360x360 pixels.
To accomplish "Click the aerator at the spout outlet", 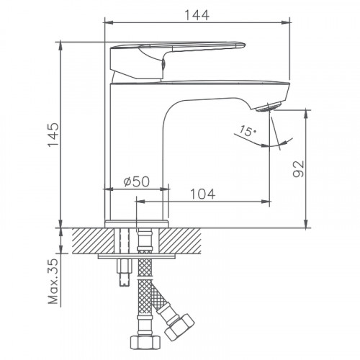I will pyautogui.click(x=267, y=107).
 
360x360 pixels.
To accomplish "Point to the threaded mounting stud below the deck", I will pyautogui.click(x=122, y=270).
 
